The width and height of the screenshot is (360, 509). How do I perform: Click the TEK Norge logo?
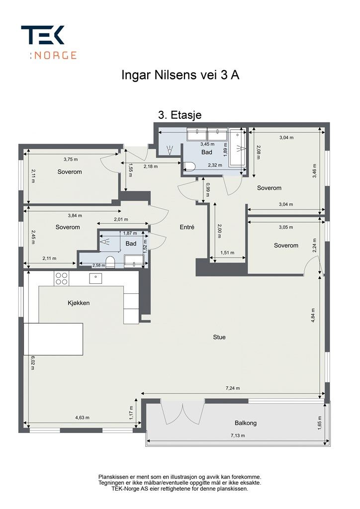coord(49,42)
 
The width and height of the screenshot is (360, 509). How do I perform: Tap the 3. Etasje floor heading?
coord(180,115)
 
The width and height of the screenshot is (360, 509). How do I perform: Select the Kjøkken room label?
coord(79,303)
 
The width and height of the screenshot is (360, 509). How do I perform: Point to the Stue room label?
coord(219,338)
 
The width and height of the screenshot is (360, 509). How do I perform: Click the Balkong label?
coord(246,423)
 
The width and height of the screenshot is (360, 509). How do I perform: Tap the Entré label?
coord(187,227)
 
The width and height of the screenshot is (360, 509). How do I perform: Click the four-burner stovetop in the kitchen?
coord(62,278)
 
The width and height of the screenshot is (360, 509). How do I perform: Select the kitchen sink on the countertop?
coord(95,278)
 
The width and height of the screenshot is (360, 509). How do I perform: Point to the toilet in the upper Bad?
coord(188,166)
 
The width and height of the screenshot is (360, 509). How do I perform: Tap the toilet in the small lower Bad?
coord(110,262)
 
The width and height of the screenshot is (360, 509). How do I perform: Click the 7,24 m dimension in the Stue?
coord(233,388)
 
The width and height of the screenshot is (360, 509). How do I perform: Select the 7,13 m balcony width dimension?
coord(238,435)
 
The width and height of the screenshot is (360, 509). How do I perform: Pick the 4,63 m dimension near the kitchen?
coord(83,418)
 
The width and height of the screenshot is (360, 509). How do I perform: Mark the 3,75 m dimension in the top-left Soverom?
coord(71,160)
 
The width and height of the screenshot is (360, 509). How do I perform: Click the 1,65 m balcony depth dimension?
coord(320,422)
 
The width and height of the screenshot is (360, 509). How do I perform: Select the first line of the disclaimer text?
coord(180,477)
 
